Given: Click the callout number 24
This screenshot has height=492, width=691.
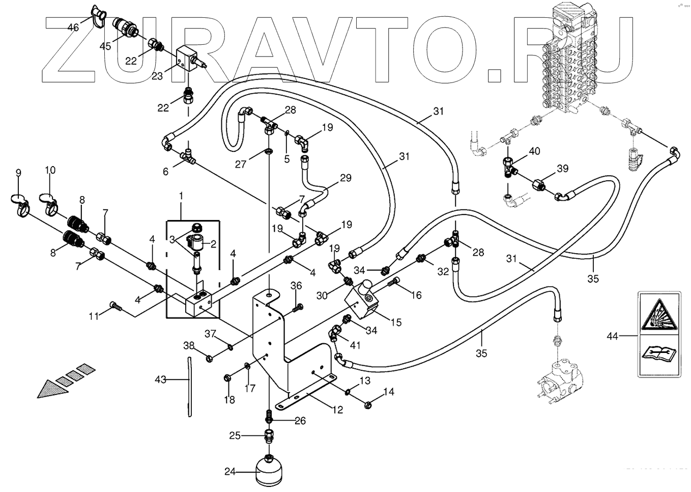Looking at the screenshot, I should pyautogui.click(x=231, y=472).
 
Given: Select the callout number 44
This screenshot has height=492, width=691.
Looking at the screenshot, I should pyautogui.click(x=613, y=336).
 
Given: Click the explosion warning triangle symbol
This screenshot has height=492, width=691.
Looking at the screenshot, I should pyautogui.click(x=659, y=313).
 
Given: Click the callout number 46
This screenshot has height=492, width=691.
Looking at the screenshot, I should pyautogui.click(x=73, y=27).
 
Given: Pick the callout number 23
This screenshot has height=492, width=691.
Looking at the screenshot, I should pyautogui.click(x=157, y=76).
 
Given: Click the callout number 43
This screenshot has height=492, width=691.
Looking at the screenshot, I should pyautogui.click(x=161, y=379).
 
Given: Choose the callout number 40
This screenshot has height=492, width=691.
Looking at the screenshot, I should pyautogui.click(x=534, y=151).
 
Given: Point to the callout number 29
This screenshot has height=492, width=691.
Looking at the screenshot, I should pyautogui.click(x=345, y=178).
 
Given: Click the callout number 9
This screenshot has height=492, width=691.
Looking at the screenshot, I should pyautogui.click(x=18, y=173).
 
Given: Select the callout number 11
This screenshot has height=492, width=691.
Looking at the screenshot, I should pyautogui.click(x=94, y=316).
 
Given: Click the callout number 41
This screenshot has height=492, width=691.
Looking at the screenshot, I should pyautogui.click(x=355, y=345).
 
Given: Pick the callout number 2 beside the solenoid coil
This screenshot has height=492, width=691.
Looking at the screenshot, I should pyautogui.click(x=213, y=244).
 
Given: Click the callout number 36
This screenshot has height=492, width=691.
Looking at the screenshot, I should pyautogui.click(x=296, y=286).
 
